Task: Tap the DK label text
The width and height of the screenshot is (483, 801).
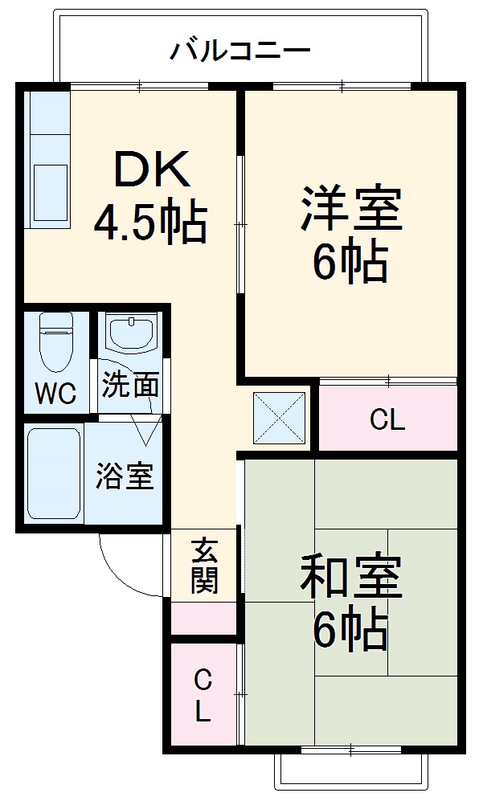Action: (151, 170)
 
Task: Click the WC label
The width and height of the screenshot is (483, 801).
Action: (55, 394)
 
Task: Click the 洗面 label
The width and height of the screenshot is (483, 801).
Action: (130, 386)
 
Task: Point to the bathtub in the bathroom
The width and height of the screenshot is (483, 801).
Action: (53, 474)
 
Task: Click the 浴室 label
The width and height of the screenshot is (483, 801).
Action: (125, 476)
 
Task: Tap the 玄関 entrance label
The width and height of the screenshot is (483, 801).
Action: (205, 566)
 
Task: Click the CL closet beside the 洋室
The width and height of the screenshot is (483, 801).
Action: (387, 419)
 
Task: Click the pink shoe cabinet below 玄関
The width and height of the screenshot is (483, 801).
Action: (204, 617)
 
